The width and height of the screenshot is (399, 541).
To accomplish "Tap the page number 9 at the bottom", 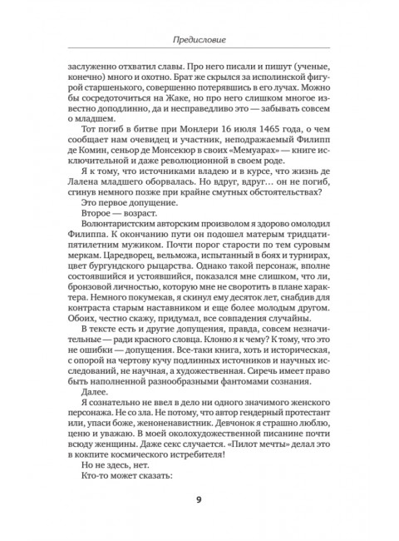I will pos(199,499).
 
